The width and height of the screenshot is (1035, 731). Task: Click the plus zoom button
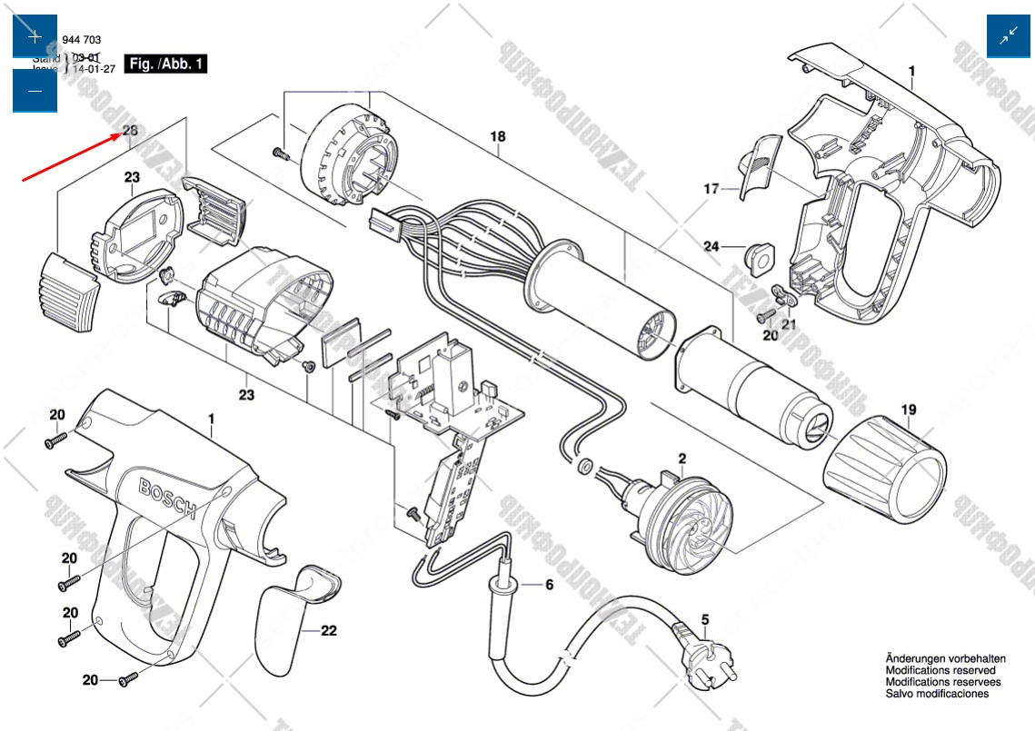point(35,37)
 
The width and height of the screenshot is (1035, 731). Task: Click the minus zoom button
point(35,91)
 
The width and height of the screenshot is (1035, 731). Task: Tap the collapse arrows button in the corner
point(1009,36)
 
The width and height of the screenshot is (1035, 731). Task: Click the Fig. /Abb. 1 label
point(167,64)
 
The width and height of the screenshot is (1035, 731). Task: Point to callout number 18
point(497,137)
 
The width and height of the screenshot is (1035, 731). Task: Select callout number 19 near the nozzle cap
point(909,410)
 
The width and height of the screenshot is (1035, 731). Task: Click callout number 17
point(712,190)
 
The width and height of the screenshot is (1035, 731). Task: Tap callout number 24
point(712,245)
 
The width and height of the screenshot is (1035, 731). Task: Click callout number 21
point(789,324)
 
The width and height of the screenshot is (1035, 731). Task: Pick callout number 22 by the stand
point(329,631)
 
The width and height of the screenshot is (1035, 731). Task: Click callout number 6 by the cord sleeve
point(549,585)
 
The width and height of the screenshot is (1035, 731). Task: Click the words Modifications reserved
point(940,669)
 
